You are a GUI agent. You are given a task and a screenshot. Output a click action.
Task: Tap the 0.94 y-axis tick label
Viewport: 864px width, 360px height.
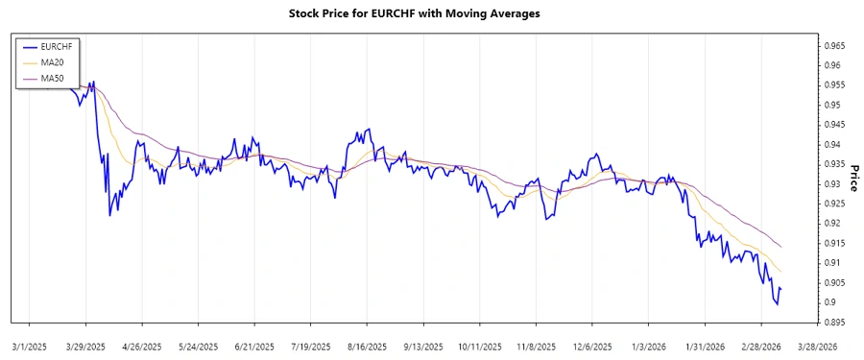[x=829, y=144]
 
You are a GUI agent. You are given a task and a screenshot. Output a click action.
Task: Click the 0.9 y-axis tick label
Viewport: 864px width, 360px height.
[x=827, y=302]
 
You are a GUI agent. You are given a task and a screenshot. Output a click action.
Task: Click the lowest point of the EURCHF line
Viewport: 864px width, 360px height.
[x=777, y=304]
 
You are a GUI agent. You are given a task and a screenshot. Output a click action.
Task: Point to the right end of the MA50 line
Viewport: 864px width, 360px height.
[x=781, y=247]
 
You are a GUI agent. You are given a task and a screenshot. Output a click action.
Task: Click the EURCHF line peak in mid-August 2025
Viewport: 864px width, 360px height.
[x=368, y=130]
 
